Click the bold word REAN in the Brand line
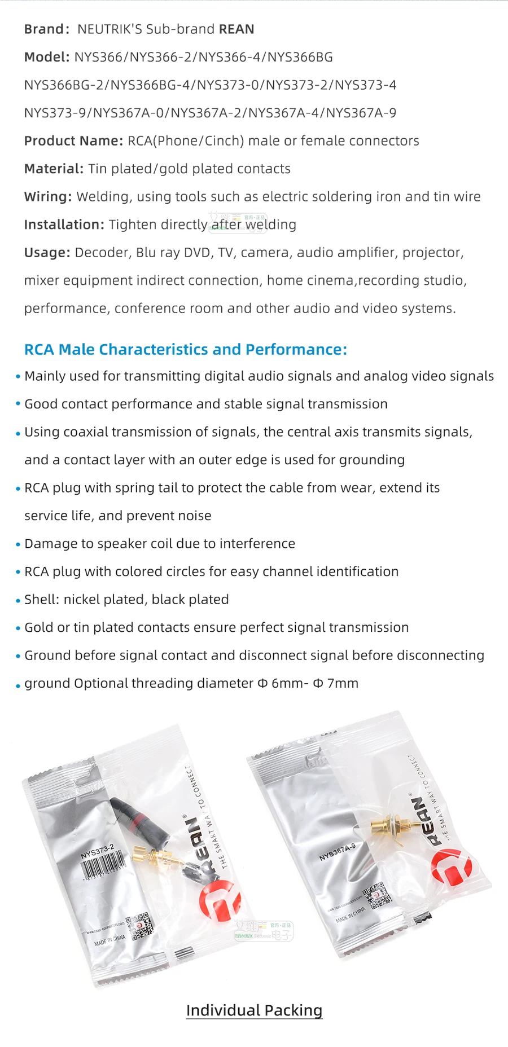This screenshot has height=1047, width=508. tap(237, 29)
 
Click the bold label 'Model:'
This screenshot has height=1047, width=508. tap(46, 57)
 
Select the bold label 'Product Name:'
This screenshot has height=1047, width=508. tap(73, 141)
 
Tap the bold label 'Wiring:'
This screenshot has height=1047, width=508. tap(48, 197)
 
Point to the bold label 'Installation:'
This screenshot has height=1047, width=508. tap(64, 225)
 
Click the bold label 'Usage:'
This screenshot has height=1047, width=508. tap(47, 253)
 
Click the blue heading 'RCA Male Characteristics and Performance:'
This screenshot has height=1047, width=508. tap(185, 350)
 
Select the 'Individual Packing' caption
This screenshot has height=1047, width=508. tap(254, 1010)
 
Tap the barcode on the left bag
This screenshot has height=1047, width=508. tap(104, 866)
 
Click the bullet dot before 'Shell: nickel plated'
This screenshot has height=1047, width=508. tap(18, 601)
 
